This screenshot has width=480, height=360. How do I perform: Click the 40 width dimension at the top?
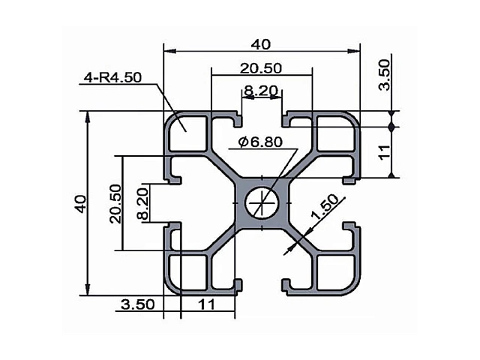pos(261,45)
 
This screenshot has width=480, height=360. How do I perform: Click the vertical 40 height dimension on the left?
pos(80,203)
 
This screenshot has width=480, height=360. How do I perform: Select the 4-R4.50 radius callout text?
pos(112,77)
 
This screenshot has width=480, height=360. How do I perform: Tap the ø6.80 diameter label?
pos(260,142)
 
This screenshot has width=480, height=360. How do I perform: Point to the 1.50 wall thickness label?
pos(325,207)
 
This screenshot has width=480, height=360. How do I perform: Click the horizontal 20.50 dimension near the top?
pos(260,68)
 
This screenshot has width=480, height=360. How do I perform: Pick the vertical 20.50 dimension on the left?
pos(115,203)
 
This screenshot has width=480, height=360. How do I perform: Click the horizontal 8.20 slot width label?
pos(261,91)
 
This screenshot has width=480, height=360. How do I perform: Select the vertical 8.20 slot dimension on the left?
pos(142,203)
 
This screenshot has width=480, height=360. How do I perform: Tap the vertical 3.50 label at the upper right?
pos(385,75)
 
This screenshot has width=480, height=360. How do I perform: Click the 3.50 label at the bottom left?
pos(138,304)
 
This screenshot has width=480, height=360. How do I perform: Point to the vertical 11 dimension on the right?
pos(385,152)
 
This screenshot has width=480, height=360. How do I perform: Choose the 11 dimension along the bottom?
pos(207,304)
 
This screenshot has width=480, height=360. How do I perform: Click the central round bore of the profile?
pos(262,202)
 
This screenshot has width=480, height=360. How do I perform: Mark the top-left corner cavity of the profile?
pos(187,133)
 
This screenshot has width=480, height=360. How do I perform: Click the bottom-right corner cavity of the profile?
pos(336,272)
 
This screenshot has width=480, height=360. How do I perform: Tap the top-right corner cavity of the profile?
pos(336,133)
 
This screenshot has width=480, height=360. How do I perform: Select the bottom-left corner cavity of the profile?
pos(187,272)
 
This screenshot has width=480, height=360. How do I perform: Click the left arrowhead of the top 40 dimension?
pos(170,51)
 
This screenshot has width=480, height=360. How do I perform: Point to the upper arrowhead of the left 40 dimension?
pos(88,117)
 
